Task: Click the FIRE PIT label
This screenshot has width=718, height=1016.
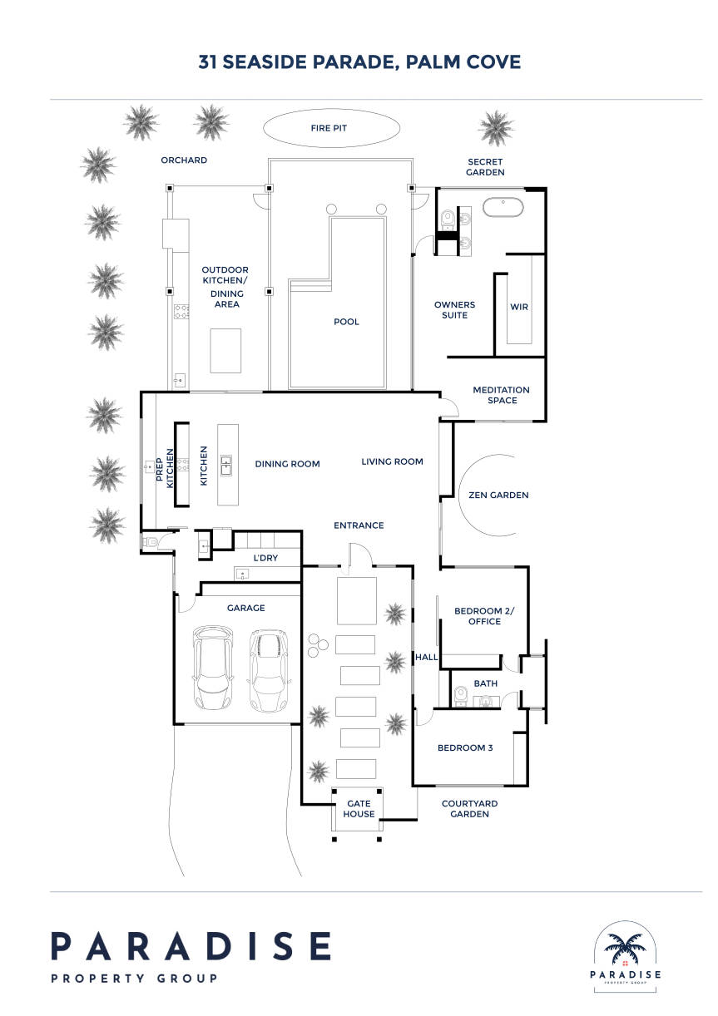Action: pos(329,128)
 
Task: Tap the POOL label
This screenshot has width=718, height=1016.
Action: pos(346,322)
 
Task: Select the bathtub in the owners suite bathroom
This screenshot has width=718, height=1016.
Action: pos(503,207)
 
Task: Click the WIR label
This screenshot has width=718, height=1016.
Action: pos(519,307)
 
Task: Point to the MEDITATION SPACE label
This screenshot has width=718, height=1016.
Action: pos(502,395)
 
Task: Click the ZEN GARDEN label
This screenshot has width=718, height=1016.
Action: pos(498,495)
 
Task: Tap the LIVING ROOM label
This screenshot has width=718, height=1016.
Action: pos(392,461)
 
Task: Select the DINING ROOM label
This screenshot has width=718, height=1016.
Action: pos(287,464)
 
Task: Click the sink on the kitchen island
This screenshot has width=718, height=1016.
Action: pos(226,466)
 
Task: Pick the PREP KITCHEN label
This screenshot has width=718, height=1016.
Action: pos(164,468)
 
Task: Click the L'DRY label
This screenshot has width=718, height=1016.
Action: pos(265,558)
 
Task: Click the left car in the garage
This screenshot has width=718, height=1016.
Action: pos(213,668)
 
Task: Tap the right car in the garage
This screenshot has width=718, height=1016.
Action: pos(268,670)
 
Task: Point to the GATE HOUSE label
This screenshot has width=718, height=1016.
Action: pos(359,809)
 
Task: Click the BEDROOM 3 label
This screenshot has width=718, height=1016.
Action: pos(465,747)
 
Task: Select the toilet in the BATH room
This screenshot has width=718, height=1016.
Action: pos(461,696)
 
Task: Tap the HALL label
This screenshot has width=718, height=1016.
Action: pos(427,657)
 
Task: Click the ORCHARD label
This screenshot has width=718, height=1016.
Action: pos(184,160)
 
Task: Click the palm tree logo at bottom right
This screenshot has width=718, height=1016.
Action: pos(625,948)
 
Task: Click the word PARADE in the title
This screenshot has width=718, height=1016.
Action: pos(356,62)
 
